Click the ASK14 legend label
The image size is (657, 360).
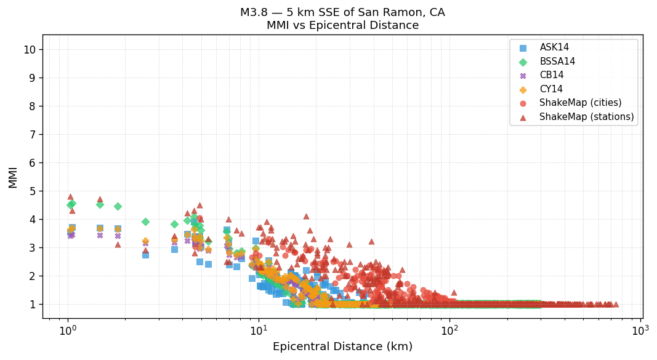coord(554,48)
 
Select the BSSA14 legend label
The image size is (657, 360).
coord(557,62)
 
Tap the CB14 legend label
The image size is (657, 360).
coord(552,76)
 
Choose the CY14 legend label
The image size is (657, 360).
coord(551,89)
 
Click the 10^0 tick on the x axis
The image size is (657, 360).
coord(68,330)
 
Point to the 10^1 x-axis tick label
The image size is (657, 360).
coord(259,330)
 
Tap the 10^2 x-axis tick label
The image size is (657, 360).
coord(449,330)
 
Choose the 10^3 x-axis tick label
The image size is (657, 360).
coord(640,330)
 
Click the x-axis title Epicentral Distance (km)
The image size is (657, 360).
coord(342,347)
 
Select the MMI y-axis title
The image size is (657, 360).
coord(13,177)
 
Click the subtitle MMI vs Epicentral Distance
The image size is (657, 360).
coord(342,26)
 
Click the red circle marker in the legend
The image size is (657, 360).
coord(523,103)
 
